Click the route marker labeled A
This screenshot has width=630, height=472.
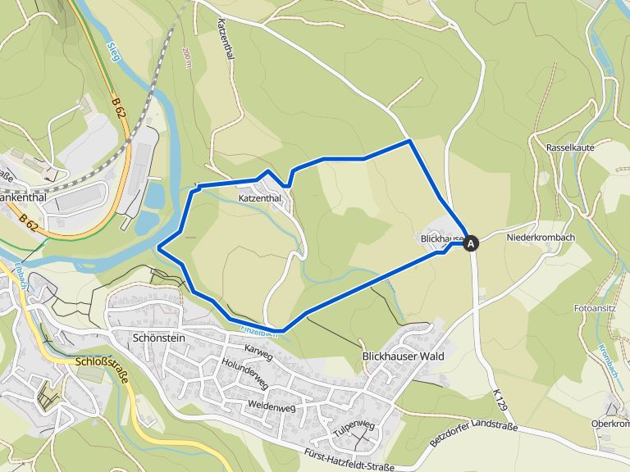tap(471, 243)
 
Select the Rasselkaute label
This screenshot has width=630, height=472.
tap(569, 147)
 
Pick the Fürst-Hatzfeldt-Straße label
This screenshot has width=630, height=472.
tap(349, 461)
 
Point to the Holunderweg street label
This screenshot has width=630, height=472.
tap(244, 374)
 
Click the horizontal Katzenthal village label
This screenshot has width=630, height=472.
tap(260, 198)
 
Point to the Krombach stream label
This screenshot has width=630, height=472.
tap(609, 359)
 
